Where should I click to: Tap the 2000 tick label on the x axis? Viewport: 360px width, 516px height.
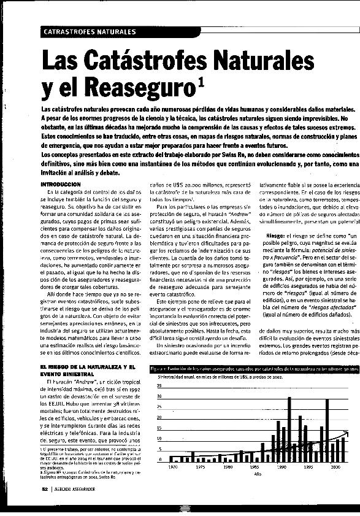point(335,467)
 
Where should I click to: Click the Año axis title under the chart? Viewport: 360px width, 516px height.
point(258,474)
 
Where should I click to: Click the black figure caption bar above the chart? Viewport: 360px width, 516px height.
point(255,368)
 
